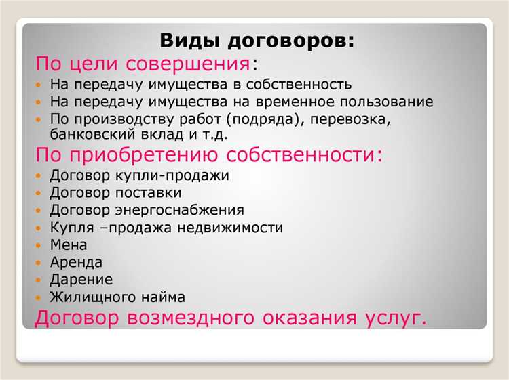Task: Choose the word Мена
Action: coord(69,245)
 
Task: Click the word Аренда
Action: coord(76,262)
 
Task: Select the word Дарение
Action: coord(81,280)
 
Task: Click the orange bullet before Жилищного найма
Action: coord(40,297)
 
